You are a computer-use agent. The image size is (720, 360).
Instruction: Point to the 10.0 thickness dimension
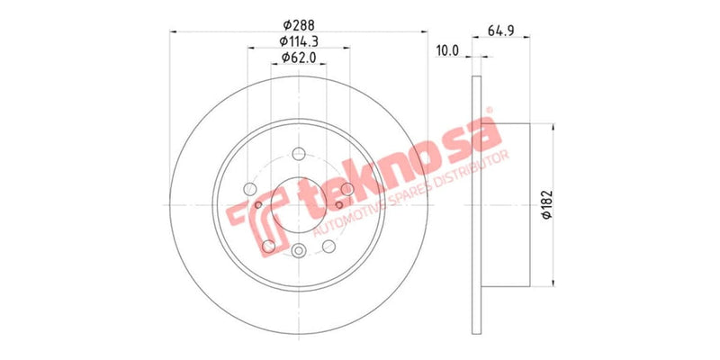click(446, 50)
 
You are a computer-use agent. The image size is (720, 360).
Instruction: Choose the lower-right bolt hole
click(329, 246)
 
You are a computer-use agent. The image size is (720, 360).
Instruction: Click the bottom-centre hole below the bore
click(300, 251)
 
